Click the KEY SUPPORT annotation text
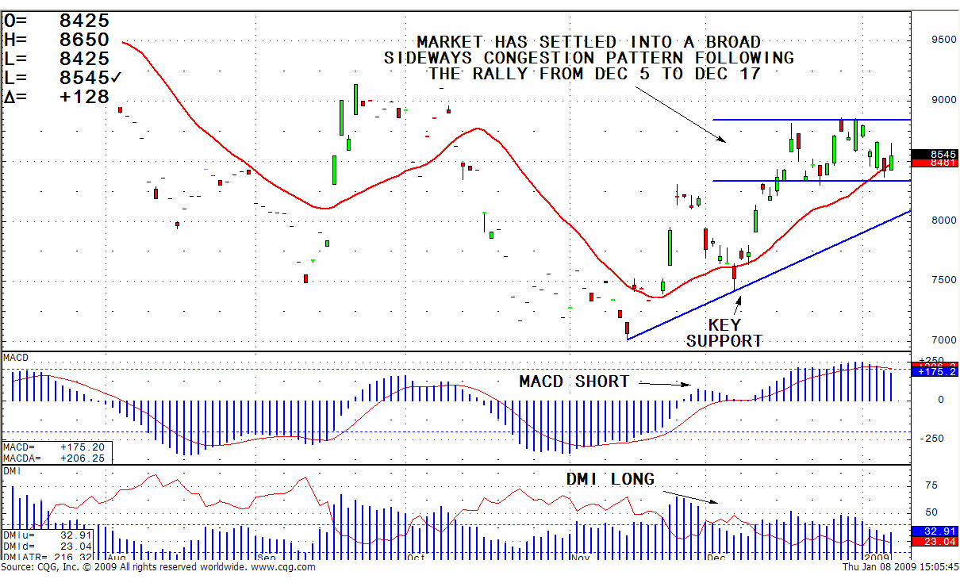[724, 333]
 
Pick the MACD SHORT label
[574, 382]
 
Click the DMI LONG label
[610, 479]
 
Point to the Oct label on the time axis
[416, 558]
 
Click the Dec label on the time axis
[716, 558]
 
